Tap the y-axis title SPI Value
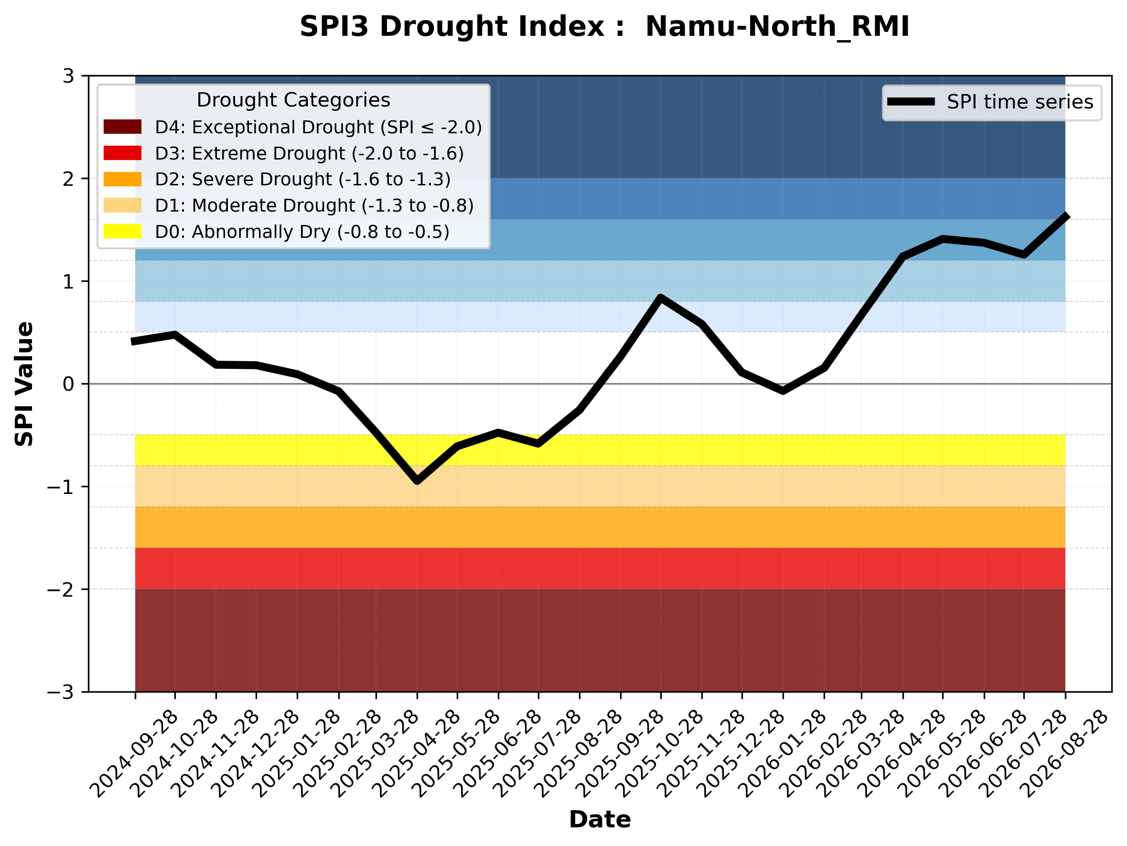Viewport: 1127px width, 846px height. click(24, 384)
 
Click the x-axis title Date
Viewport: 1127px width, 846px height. click(600, 820)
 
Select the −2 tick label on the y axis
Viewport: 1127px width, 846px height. click(61, 589)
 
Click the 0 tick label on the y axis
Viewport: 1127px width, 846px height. click(68, 384)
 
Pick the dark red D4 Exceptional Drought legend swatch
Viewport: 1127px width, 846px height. click(122, 127)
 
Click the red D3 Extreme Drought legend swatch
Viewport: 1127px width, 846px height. click(122, 153)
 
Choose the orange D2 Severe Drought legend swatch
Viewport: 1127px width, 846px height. click(122, 179)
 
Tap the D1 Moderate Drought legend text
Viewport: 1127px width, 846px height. click(314, 205)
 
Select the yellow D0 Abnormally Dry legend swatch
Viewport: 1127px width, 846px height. click(122, 231)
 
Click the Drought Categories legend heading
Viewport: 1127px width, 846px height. click(293, 100)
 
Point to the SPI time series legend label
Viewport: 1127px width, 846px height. click(1020, 102)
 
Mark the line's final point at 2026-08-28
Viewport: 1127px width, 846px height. click(1065, 215)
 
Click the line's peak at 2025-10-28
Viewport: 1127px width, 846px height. click(661, 298)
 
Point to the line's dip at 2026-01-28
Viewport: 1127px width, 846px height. click(783, 391)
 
